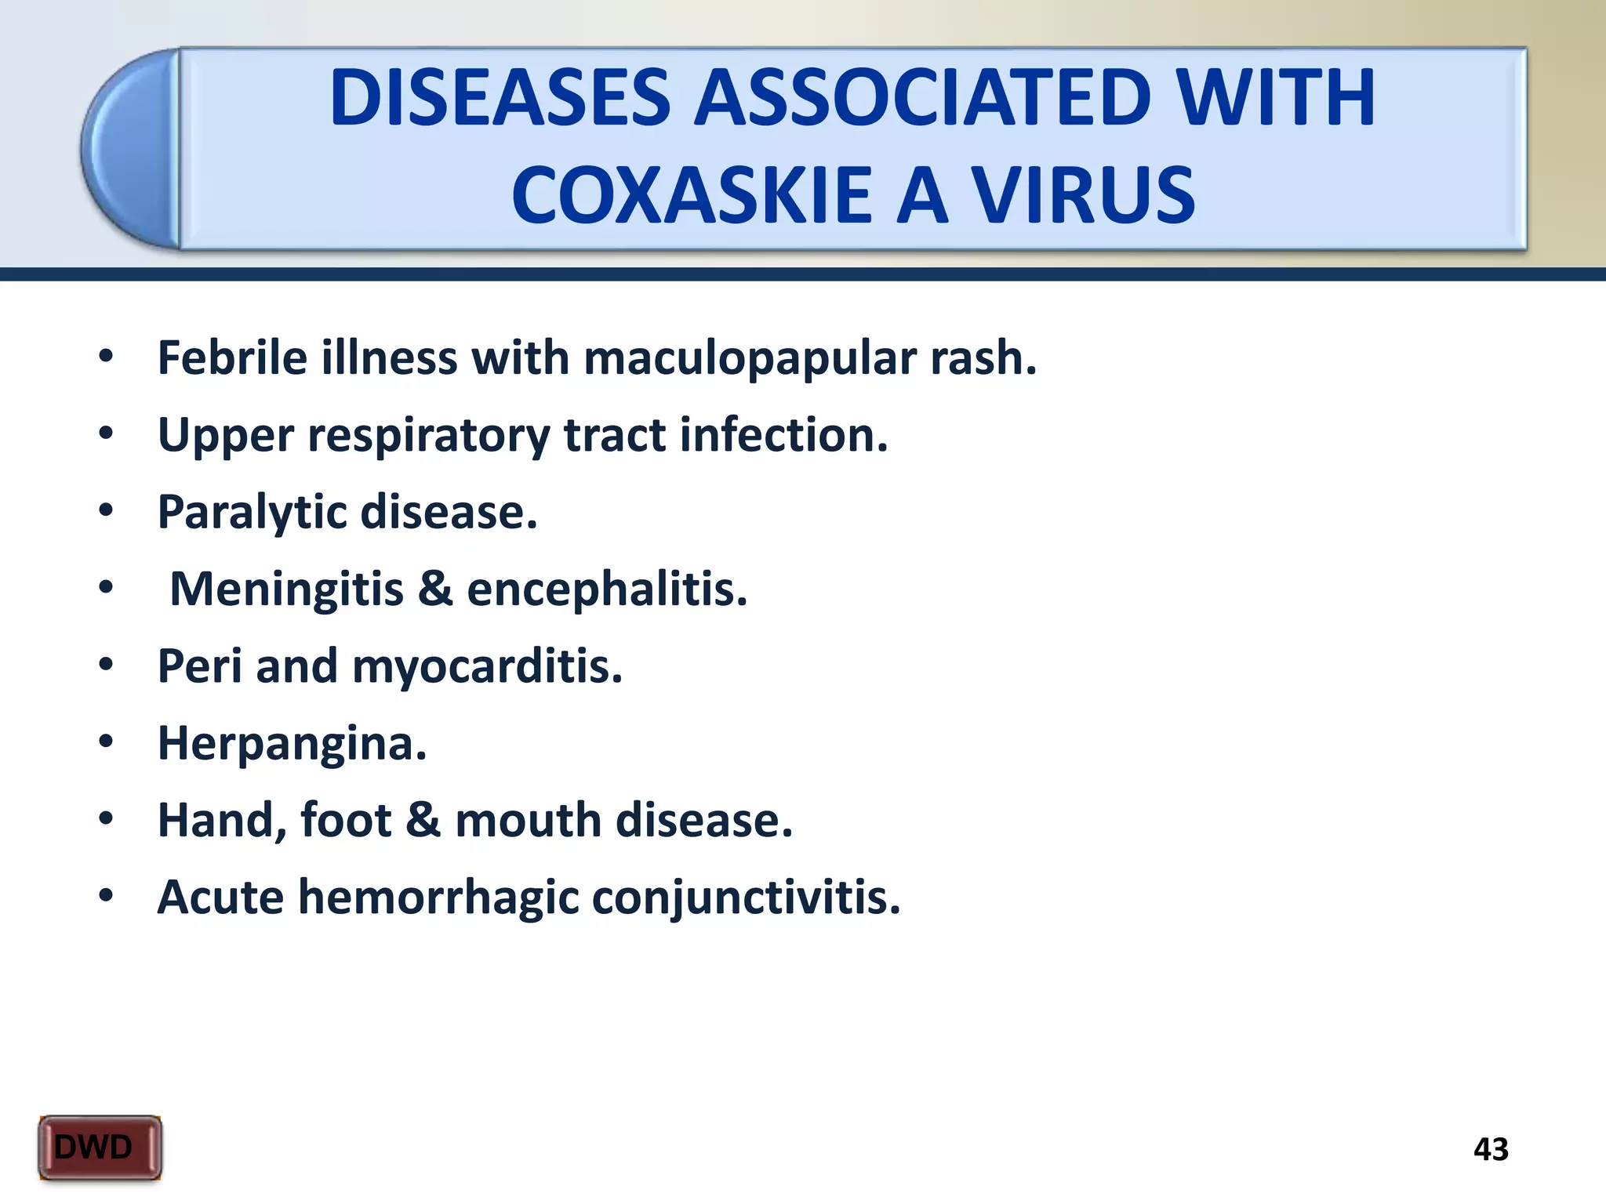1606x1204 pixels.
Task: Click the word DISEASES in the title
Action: pyautogui.click(x=500, y=98)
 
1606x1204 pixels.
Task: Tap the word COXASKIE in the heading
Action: pyautogui.click(x=691, y=195)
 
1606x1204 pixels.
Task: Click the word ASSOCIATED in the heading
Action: pyautogui.click(x=923, y=98)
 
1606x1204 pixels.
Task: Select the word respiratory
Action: pyautogui.click(x=428, y=436)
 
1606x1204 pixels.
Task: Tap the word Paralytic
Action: pyautogui.click(x=252, y=513)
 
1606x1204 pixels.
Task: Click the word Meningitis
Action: pyautogui.click(x=286, y=589)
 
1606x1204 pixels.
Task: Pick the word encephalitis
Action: pyautogui.click(x=607, y=589)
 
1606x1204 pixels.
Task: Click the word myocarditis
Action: pyautogui.click(x=487, y=666)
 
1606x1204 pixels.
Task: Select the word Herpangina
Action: pyautogui.click(x=292, y=743)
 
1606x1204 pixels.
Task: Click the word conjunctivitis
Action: pyautogui.click(x=746, y=897)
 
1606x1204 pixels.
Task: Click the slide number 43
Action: pyautogui.click(x=1491, y=1149)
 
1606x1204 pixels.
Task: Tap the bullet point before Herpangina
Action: pyautogui.click(x=107, y=741)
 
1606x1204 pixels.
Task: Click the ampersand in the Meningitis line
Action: pyautogui.click(x=435, y=589)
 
